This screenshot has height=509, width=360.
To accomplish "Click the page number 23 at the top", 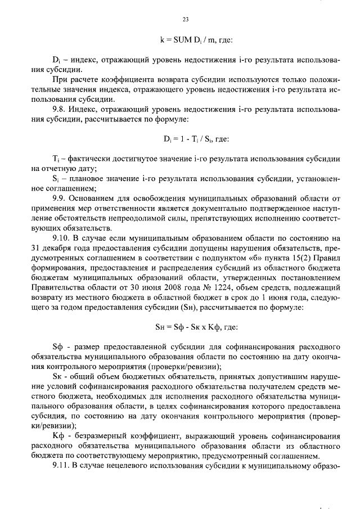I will pyautogui.click(x=185, y=20).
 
